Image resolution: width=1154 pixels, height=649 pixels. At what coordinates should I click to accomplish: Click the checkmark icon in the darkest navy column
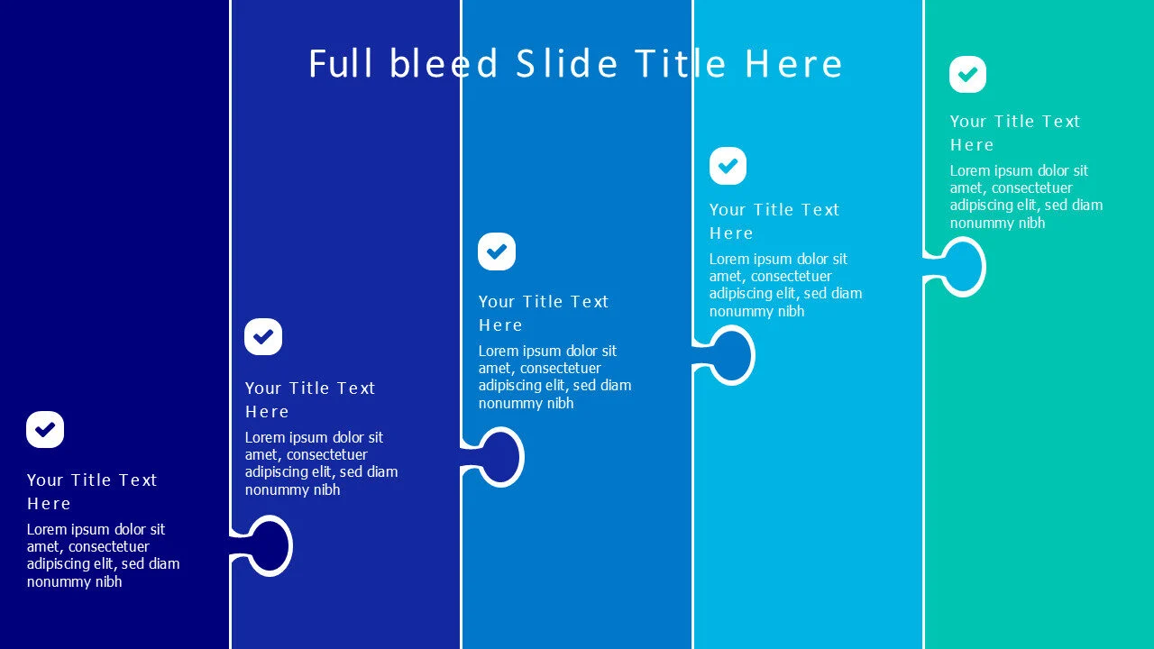[x=45, y=429]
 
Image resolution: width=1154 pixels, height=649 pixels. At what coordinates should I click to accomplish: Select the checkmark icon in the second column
[x=263, y=336]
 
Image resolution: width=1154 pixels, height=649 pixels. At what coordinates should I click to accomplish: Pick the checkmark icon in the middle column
[x=497, y=251]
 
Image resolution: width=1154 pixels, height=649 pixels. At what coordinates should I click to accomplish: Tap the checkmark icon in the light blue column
[x=728, y=166]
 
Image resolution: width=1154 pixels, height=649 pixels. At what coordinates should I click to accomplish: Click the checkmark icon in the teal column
[x=967, y=74]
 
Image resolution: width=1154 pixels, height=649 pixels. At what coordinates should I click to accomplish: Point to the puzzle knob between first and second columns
[x=269, y=545]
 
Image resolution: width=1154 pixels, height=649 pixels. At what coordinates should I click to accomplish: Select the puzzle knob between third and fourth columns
[x=731, y=355]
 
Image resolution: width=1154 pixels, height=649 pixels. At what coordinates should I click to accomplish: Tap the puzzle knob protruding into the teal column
[x=962, y=267]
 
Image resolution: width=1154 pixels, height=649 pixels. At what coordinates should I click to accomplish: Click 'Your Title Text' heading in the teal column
[x=1014, y=122]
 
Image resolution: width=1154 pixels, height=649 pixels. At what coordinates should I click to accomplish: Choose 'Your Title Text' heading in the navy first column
[x=92, y=480]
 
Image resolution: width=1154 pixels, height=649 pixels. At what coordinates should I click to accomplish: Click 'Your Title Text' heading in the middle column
[x=544, y=302]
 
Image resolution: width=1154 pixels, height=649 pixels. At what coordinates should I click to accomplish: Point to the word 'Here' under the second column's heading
[x=267, y=412]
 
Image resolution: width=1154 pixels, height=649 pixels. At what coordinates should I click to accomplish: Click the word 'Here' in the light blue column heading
[x=731, y=233]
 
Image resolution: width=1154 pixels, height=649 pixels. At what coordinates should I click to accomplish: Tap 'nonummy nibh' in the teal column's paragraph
[x=997, y=223]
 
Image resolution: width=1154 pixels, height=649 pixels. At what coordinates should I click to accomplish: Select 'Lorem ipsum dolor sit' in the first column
[x=96, y=529]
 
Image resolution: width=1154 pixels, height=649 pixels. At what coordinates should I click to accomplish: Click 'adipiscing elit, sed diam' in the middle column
[x=554, y=385]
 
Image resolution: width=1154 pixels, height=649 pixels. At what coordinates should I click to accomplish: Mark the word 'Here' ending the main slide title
[x=793, y=64]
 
